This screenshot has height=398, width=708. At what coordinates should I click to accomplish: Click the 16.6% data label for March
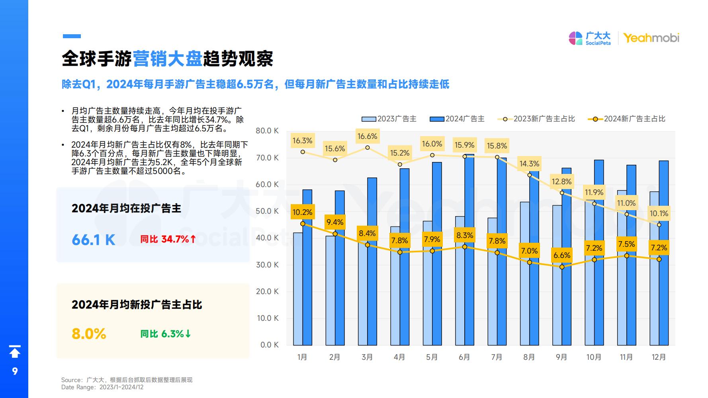pos(367,137)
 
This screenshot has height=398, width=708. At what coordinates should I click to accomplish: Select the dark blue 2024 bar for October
pos(599,255)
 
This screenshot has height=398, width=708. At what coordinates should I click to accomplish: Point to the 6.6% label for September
pos(562,255)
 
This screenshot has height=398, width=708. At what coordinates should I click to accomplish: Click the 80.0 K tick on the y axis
pos(267,131)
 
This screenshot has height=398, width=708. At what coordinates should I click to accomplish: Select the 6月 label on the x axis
pos(464,357)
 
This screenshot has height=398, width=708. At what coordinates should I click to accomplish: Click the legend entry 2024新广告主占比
pos(627,119)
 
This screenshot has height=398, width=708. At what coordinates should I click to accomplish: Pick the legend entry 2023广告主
pos(389,119)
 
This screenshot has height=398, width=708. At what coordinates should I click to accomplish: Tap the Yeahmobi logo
pos(651,38)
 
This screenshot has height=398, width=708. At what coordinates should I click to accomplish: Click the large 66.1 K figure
pos(94,240)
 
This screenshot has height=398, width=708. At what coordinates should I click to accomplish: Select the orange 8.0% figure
pos(89,334)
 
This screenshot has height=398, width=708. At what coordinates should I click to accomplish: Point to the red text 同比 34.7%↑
pos(168,239)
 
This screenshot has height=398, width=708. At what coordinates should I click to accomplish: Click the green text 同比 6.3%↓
pos(166,334)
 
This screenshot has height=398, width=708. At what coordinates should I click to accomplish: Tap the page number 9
pos(15,371)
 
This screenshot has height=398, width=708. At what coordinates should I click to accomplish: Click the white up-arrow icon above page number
pos(15,351)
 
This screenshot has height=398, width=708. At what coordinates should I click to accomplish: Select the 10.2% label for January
pos(302,212)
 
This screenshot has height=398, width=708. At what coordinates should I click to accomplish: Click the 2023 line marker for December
pos(659,225)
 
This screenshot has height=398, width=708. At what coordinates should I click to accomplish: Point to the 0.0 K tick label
pos(270,345)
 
